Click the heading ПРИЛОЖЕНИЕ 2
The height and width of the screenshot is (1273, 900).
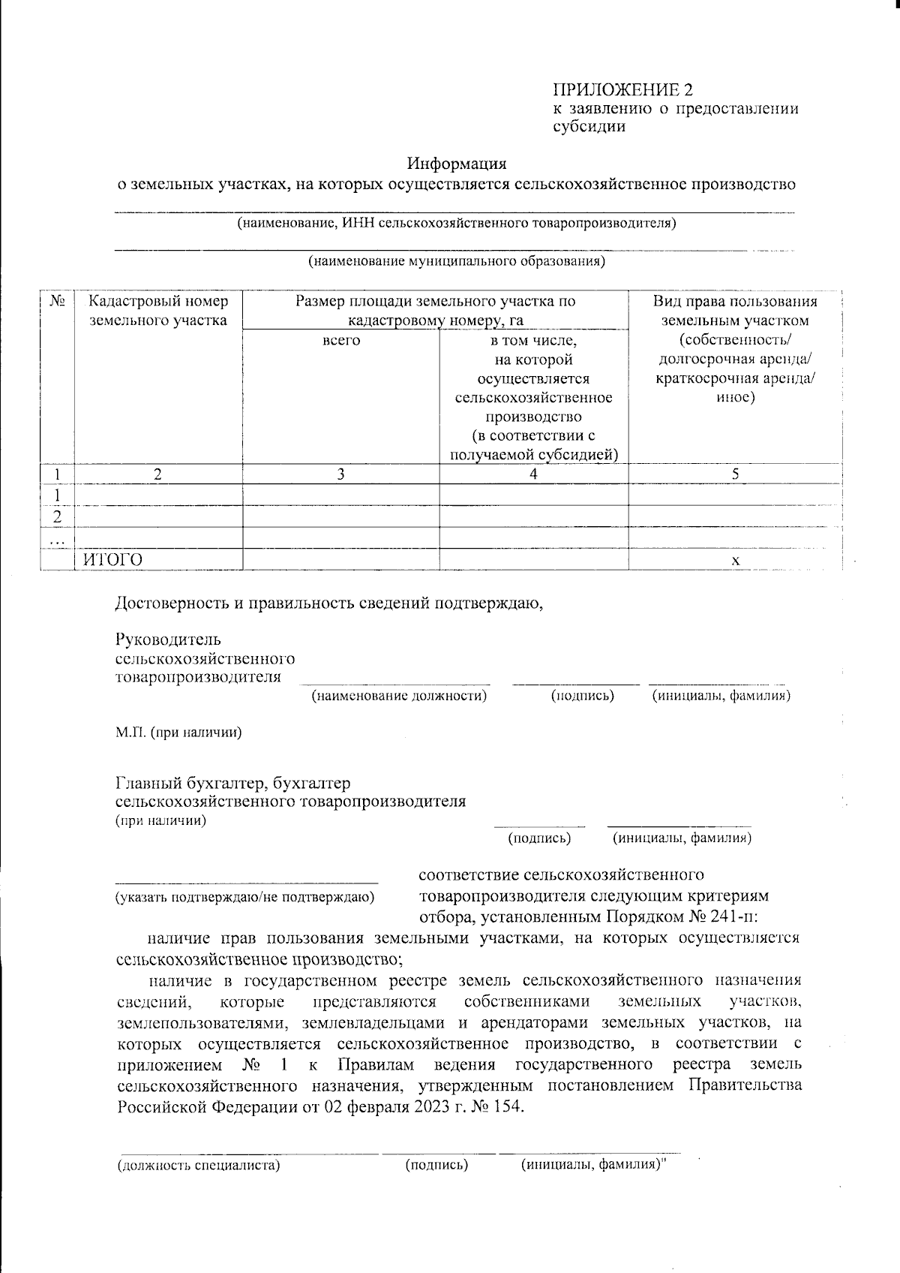[622, 90]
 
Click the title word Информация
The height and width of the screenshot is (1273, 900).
[457, 163]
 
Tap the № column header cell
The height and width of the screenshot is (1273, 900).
[57, 302]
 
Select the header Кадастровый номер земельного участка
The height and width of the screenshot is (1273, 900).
[158, 311]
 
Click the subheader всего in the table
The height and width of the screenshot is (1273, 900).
[340, 341]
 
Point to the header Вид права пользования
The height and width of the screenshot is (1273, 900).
[734, 302]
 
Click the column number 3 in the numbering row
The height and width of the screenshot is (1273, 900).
[340, 474]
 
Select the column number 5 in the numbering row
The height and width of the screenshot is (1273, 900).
[735, 474]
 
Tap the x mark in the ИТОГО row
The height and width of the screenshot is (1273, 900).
[735, 561]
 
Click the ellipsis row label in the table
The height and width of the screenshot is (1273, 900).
[57, 539]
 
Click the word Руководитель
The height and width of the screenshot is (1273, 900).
[168, 640]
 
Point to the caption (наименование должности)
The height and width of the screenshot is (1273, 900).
[399, 696]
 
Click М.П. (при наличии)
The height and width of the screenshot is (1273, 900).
[178, 733]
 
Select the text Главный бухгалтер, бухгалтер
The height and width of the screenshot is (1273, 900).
[232, 784]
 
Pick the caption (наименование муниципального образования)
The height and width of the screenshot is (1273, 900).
[457, 261]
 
